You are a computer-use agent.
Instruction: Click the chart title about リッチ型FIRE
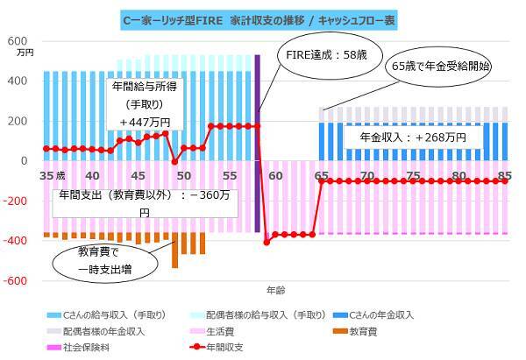(x=262, y=18)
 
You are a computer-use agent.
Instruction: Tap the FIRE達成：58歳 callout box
(x=316, y=54)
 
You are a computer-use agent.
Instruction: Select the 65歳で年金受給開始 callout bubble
(x=440, y=65)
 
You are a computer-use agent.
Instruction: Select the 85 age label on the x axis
(x=504, y=175)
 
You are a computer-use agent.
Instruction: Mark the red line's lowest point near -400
(x=267, y=242)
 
